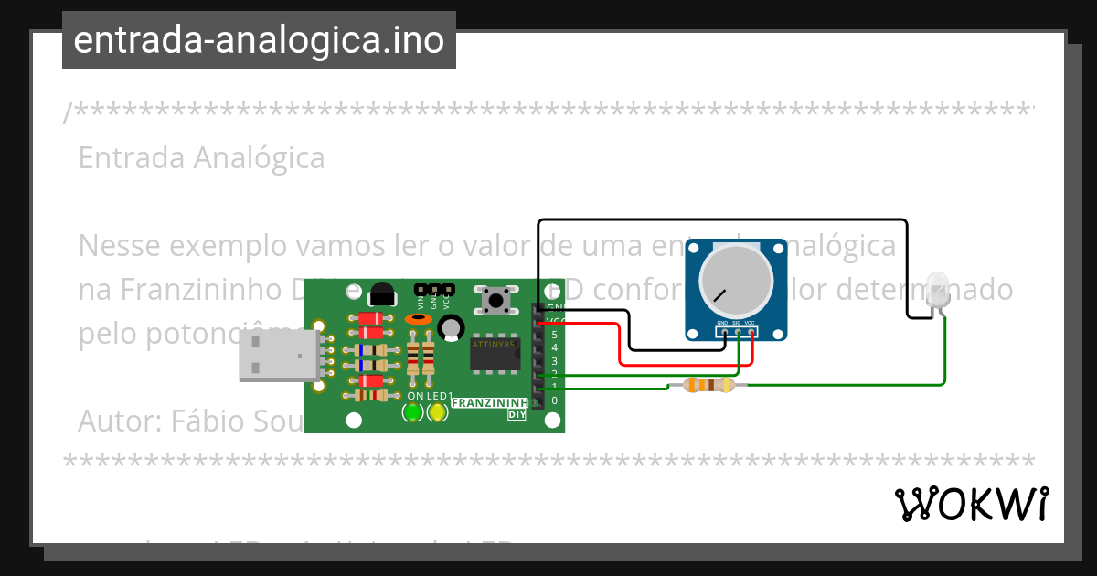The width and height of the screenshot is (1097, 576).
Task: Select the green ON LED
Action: (x=413, y=412)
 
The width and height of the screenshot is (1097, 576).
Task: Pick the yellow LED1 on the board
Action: (x=437, y=412)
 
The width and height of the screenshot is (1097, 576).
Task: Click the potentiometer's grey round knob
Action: (x=735, y=281)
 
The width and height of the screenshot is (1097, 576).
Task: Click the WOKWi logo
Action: (x=971, y=504)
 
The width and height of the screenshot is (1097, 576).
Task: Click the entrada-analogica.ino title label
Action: (x=259, y=40)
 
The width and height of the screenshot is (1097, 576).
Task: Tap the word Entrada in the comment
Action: (x=131, y=157)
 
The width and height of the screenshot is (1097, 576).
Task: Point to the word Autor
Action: (x=116, y=421)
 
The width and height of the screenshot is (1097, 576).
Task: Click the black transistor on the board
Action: (x=382, y=294)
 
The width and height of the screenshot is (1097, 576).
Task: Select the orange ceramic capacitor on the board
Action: (x=418, y=319)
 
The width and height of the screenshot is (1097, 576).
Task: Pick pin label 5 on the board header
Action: (x=554, y=335)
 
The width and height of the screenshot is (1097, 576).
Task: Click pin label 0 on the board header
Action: (x=554, y=400)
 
